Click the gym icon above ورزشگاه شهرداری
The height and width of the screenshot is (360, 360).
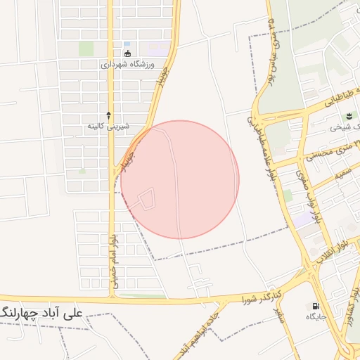coord(127,53)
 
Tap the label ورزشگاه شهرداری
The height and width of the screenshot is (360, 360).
coord(127,64)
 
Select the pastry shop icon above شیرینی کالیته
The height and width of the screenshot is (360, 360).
coord(108,114)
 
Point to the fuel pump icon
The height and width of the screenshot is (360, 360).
coord(314,306)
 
